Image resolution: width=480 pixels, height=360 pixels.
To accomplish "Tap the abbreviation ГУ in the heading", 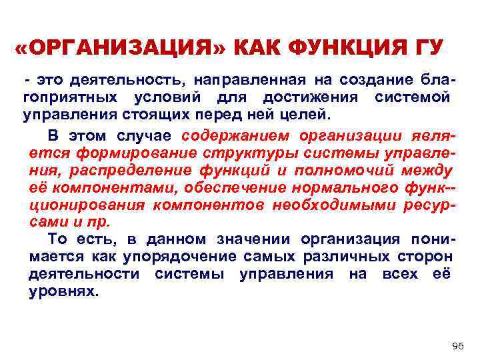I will pos(427,49).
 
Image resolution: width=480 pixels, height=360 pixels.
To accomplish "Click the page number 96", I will pos(457,345).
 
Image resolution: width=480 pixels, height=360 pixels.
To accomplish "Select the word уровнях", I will pos(63,291).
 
